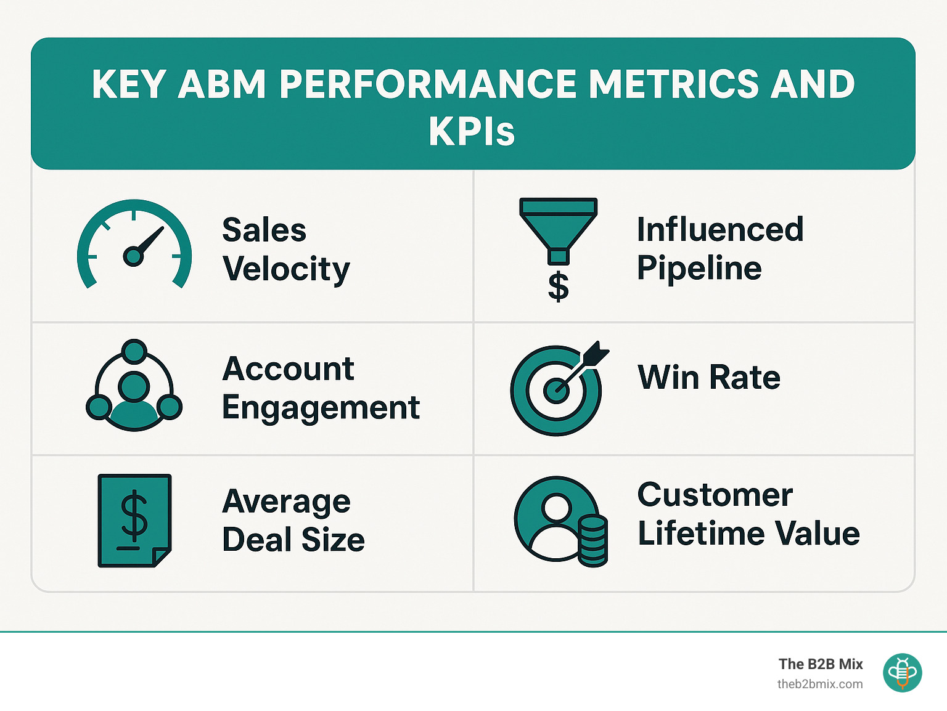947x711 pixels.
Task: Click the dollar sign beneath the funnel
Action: [559, 286]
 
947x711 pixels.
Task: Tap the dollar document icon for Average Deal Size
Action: [134, 520]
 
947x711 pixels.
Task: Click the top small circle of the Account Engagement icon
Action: [134, 351]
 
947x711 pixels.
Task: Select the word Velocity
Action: [286, 269]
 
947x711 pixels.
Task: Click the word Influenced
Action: [720, 230]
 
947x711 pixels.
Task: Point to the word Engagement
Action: [321, 408]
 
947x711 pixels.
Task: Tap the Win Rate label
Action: [709, 377]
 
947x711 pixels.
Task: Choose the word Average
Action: [286, 502]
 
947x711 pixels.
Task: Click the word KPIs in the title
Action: [472, 131]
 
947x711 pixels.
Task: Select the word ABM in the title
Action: [223, 84]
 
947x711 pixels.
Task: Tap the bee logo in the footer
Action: [902, 673]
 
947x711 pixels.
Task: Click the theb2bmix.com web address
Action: [820, 684]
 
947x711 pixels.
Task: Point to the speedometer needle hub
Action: [133, 256]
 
